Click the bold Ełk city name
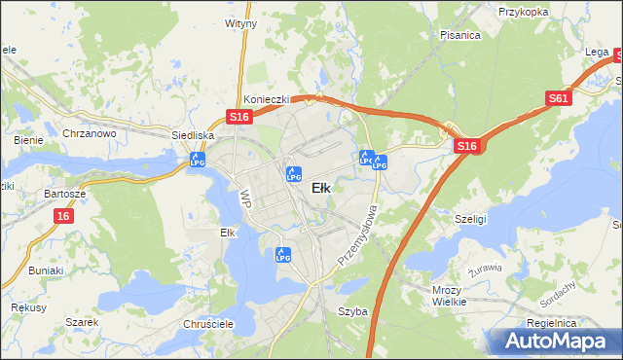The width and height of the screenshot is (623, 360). pyautogui.click(x=319, y=189)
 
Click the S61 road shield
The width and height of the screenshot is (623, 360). pyautogui.click(x=558, y=98)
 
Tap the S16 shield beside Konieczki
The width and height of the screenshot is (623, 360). pyautogui.click(x=240, y=117)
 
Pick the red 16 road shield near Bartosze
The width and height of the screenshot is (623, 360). pyautogui.click(x=63, y=215)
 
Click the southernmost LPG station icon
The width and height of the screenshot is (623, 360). pyautogui.click(x=283, y=255)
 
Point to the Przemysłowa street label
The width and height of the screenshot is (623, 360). pyautogui.click(x=356, y=234)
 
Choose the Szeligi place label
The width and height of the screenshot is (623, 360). pyautogui.click(x=470, y=220)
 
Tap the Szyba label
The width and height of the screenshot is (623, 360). pyautogui.click(x=352, y=311)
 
